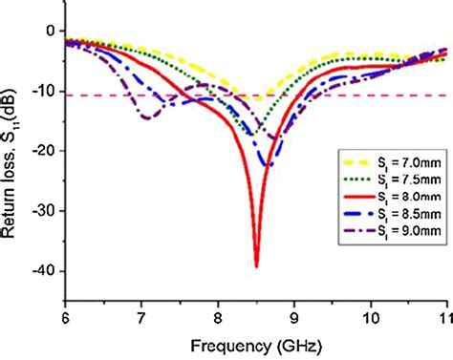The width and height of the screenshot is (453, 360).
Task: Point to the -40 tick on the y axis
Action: click(46, 272)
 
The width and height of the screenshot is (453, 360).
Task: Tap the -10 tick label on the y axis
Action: click(46, 92)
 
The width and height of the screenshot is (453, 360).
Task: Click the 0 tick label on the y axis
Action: click(52, 32)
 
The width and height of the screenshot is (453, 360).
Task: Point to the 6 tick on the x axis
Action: click(64, 310)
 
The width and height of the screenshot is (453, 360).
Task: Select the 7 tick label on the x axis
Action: click(140, 310)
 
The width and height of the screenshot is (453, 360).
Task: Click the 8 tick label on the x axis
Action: click(217, 310)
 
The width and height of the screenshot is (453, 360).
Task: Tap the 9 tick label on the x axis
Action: click(293, 310)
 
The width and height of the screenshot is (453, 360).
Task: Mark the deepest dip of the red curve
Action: click(256, 265)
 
